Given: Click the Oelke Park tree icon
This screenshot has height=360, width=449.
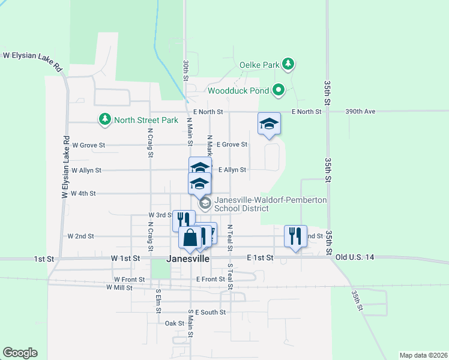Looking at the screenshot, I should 288,64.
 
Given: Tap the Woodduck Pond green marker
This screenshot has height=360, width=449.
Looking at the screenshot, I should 278,91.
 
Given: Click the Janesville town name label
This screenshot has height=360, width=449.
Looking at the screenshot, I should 188,259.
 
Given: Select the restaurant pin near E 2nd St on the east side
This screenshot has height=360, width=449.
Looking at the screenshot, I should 295,235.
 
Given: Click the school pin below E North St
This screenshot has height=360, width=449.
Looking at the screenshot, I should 269,124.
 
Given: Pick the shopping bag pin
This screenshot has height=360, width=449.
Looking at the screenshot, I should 190,238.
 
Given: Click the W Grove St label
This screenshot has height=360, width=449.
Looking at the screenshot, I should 88,145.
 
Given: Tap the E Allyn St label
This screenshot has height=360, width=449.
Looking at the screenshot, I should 232,170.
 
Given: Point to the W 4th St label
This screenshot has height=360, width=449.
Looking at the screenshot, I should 83,194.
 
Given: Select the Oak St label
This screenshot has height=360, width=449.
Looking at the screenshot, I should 174,323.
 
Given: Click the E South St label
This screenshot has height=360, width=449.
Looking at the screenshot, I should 210,312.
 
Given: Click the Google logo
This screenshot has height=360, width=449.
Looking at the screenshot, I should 20,353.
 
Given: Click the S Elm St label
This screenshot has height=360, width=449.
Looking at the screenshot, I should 159,298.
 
